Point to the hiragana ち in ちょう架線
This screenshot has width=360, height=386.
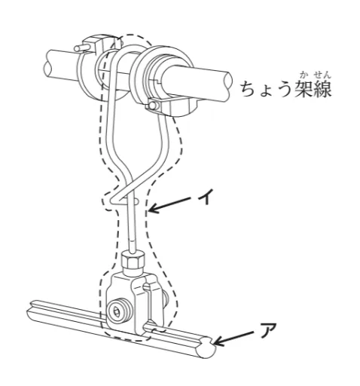point(249,91)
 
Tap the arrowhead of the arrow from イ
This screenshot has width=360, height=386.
point(151,210)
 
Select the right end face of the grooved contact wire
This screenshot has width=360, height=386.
point(204,349)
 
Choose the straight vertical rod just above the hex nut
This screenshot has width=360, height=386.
point(131,230)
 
